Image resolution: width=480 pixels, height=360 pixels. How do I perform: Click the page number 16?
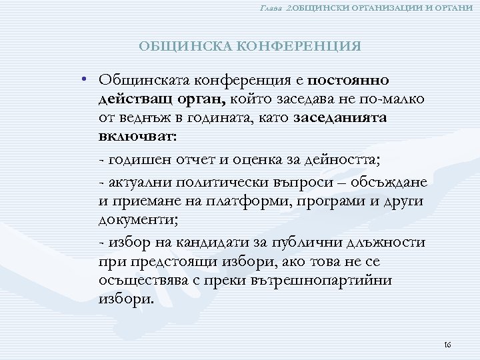pyautogui.click(x=447, y=345)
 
